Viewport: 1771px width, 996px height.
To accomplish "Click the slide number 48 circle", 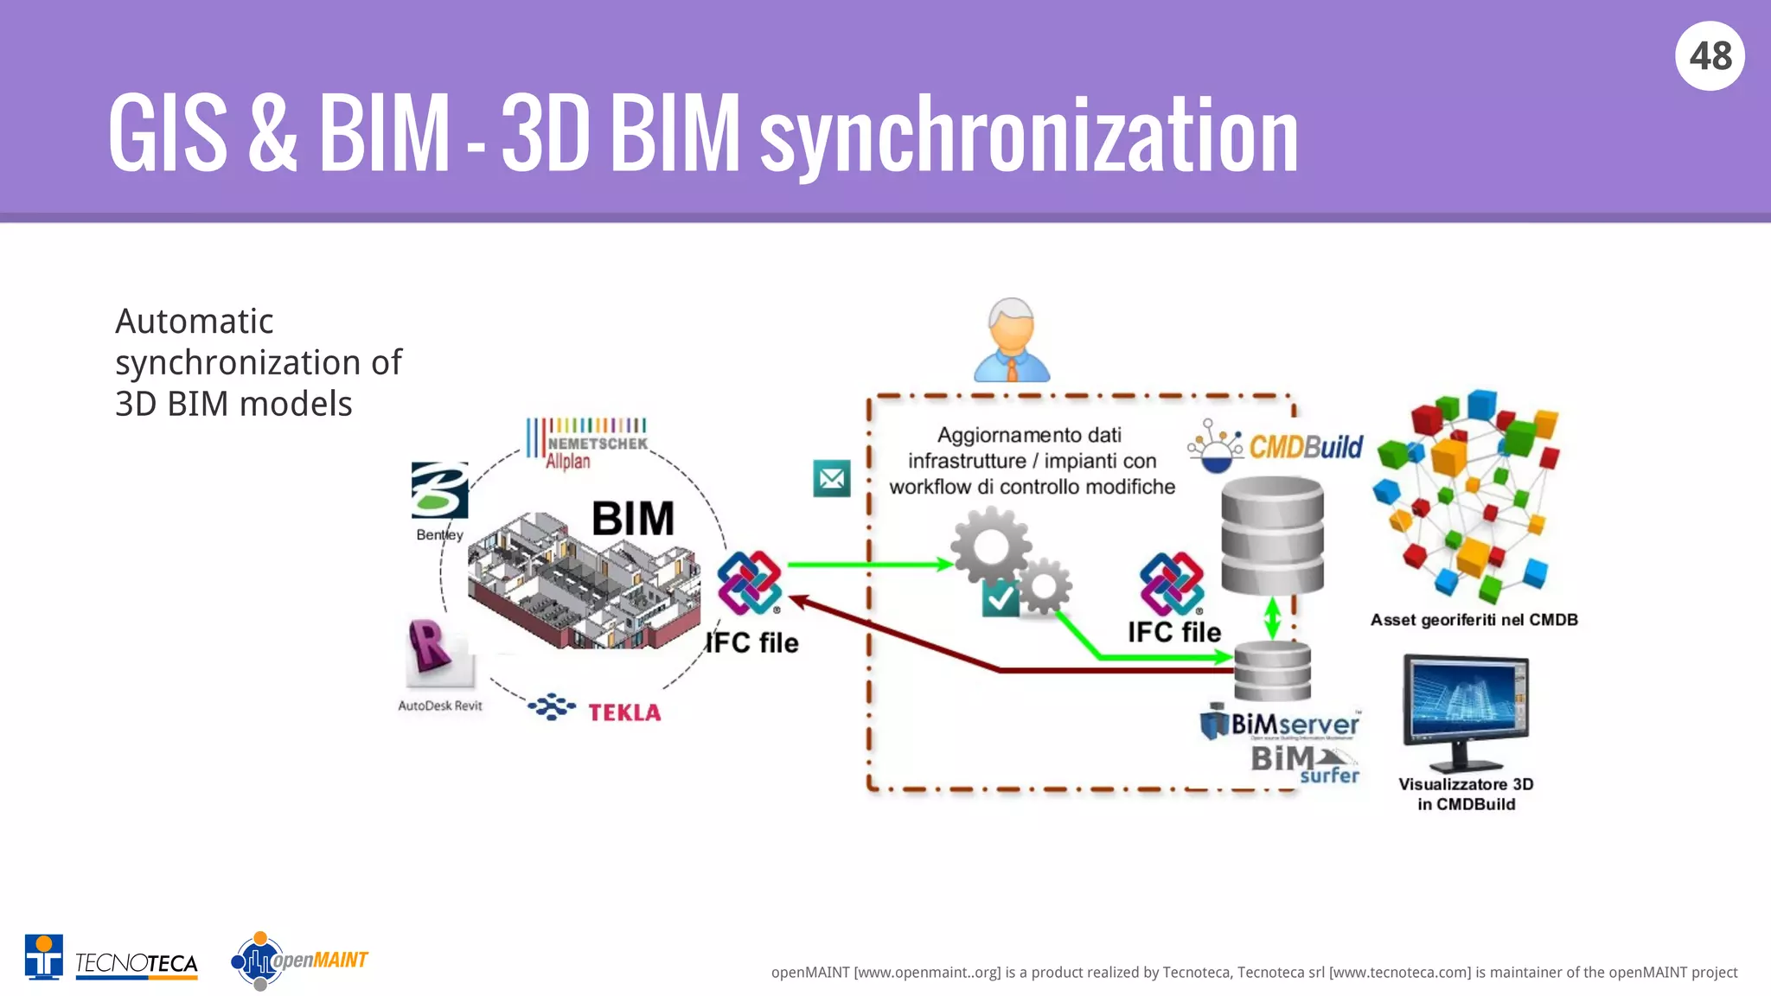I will [1710, 56].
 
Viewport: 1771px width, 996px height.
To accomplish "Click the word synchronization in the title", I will [1029, 137].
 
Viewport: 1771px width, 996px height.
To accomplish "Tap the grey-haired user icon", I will [1011, 341].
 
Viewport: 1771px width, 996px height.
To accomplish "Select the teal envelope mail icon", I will [832, 478].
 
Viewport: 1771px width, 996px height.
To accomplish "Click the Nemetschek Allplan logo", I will [587, 443].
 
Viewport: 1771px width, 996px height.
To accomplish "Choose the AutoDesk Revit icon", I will [437, 654].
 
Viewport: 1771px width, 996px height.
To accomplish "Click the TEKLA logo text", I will [624, 712].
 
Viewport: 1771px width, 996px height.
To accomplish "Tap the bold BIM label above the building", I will [632, 519].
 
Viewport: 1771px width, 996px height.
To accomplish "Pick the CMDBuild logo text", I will [1306, 447].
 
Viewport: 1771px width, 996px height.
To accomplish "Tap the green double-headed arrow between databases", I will [1272, 618].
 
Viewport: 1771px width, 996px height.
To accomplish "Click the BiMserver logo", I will [1282, 724].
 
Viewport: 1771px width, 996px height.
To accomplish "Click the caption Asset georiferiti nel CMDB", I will [1474, 620].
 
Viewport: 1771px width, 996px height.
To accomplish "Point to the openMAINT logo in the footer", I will [299, 961].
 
